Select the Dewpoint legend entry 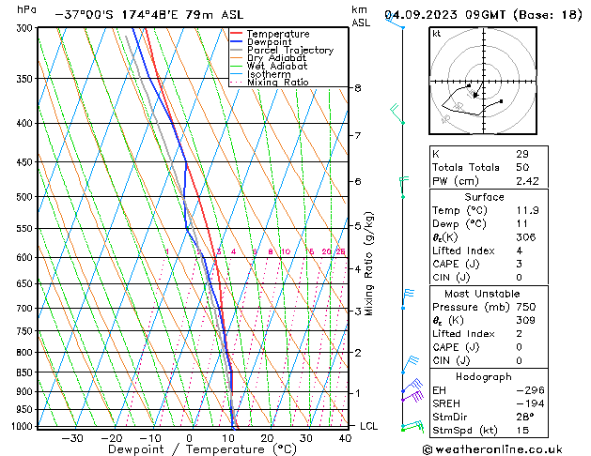(x=271, y=42)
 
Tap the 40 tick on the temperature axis (x=346, y=438)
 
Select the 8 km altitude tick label (x=358, y=88)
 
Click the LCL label (x=369, y=426)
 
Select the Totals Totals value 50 (x=523, y=167)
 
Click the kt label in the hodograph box (x=437, y=33)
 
